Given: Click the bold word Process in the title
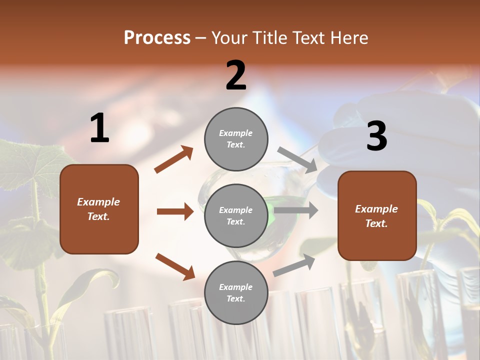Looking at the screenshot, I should pyautogui.click(x=157, y=38).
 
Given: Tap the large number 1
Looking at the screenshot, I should pyautogui.click(x=99, y=128).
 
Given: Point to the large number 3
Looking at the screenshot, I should pyautogui.click(x=376, y=136).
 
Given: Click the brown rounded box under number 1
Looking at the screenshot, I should pyautogui.click(x=99, y=209).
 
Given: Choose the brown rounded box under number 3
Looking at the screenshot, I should pyautogui.click(x=377, y=216).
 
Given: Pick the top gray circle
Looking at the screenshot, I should pyautogui.click(x=236, y=138).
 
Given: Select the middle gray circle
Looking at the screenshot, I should pyautogui.click(x=236, y=215).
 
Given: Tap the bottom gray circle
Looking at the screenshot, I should pyautogui.click(x=236, y=292).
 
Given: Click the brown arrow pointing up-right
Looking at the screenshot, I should pyautogui.click(x=173, y=159).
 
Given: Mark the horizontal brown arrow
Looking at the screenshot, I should pyautogui.click(x=175, y=211).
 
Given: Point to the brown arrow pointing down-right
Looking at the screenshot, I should pyautogui.click(x=175, y=266).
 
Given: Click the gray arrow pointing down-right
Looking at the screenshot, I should pyautogui.click(x=297, y=160).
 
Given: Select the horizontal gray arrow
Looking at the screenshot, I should pyautogui.click(x=296, y=210).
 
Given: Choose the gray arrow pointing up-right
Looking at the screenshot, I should pyautogui.click(x=294, y=265).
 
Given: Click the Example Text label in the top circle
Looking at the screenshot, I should pyautogui.click(x=236, y=138).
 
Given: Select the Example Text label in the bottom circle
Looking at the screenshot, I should pyautogui.click(x=236, y=292).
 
